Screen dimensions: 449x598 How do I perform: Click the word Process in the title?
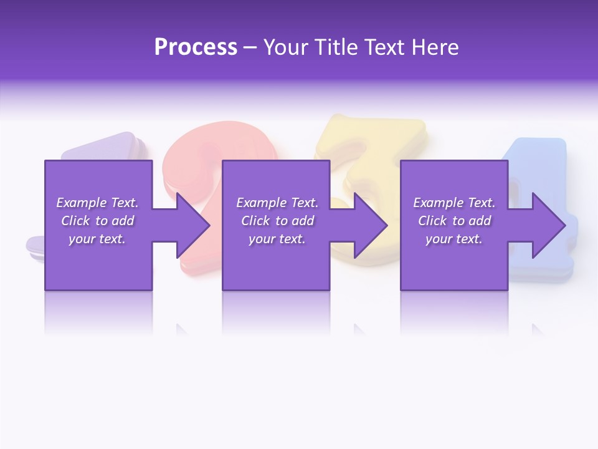(196, 47)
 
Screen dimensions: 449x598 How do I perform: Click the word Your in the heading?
(287, 47)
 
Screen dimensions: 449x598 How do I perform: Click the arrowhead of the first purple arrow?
(193, 225)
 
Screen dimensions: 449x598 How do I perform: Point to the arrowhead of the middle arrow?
(371, 225)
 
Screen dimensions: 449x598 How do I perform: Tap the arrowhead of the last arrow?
(549, 225)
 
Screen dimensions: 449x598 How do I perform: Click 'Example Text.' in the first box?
(97, 203)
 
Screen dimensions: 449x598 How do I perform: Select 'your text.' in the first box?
(97, 239)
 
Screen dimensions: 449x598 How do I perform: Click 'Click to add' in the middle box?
(277, 221)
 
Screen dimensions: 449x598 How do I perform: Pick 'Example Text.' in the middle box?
(277, 203)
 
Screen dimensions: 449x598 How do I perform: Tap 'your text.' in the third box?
(454, 239)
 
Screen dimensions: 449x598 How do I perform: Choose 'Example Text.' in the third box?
(454, 203)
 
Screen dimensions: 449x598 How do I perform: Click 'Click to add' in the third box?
(454, 221)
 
